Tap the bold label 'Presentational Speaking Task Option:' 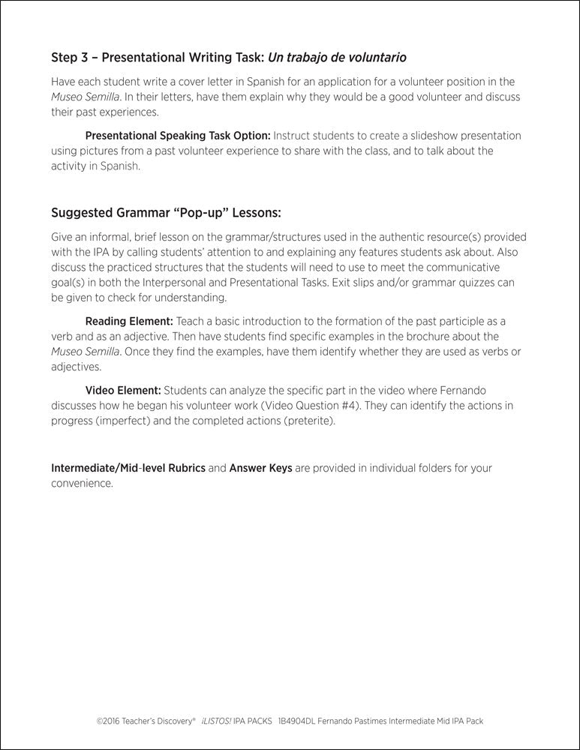(x=178, y=136)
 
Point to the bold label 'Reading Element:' (x=129, y=321)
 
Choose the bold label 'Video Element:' (x=123, y=390)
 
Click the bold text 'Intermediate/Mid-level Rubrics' (x=128, y=468)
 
